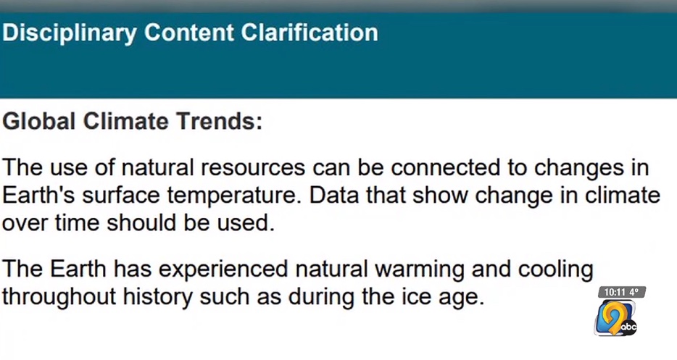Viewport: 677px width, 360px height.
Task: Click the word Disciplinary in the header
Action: point(70,33)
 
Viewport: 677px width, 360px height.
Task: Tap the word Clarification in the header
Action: point(310,33)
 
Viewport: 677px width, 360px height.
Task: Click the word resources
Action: point(254,167)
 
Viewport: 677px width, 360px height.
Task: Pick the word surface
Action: point(121,196)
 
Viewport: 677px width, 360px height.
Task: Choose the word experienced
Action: point(223,270)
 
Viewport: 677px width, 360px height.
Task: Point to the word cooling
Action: point(555,270)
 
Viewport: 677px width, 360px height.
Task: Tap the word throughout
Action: point(59,298)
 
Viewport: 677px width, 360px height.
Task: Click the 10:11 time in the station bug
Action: point(614,292)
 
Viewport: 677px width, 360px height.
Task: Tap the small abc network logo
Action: point(628,327)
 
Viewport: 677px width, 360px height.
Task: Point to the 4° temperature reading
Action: point(634,292)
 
